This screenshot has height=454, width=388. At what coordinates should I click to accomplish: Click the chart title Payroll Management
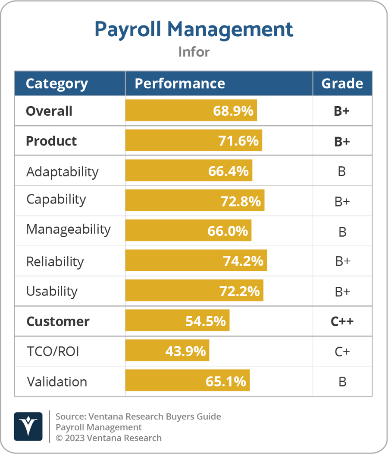pyautogui.click(x=194, y=29)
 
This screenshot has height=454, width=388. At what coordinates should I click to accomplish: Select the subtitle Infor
pyautogui.click(x=194, y=52)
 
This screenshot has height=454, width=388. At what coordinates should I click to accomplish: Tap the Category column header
pyautogui.click(x=56, y=83)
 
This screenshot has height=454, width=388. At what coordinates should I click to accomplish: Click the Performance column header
pyautogui.click(x=179, y=83)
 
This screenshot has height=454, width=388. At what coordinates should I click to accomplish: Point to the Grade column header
pyautogui.click(x=342, y=83)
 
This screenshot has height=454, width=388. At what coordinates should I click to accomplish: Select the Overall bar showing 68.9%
pyautogui.click(x=191, y=111)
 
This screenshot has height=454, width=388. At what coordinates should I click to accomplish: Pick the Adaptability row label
pyautogui.click(x=62, y=171)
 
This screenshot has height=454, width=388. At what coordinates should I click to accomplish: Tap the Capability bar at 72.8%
pyautogui.click(x=194, y=201)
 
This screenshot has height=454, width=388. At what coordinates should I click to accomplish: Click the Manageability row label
pyautogui.click(x=68, y=229)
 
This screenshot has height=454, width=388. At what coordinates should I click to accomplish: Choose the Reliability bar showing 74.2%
pyautogui.click(x=196, y=261)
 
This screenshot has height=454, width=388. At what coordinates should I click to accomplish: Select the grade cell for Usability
pyautogui.click(x=342, y=292)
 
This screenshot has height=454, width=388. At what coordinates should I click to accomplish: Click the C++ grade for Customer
pyautogui.click(x=342, y=321)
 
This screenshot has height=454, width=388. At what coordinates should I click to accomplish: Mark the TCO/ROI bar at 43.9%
pyautogui.click(x=167, y=351)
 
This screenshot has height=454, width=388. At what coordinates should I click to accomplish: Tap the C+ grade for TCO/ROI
pyautogui.click(x=342, y=352)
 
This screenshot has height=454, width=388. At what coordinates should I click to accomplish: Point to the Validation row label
pyautogui.click(x=56, y=381)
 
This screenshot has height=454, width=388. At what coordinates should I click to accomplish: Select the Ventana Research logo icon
pyautogui.click(x=28, y=426)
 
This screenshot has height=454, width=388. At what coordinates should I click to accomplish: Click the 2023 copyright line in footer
pyautogui.click(x=108, y=438)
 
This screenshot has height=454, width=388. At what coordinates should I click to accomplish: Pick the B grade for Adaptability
pyautogui.click(x=342, y=171)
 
